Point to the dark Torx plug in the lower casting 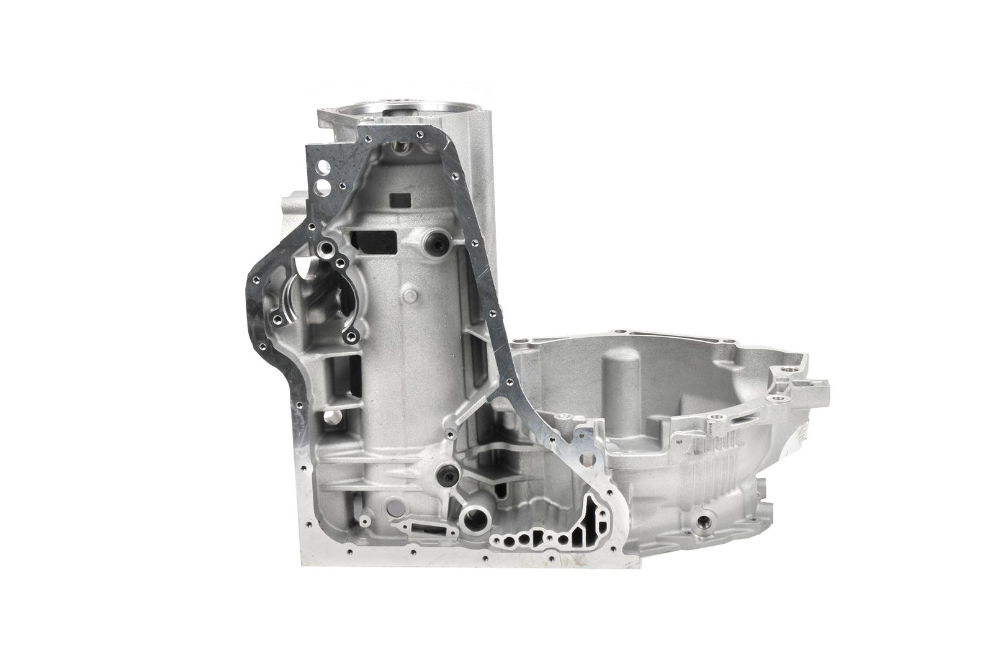(447, 474)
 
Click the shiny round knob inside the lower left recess (330, 420)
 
